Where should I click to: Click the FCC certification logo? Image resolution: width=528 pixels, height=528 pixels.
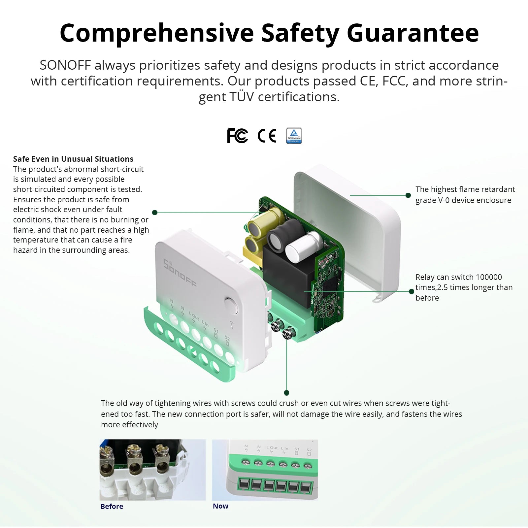coord(237,136)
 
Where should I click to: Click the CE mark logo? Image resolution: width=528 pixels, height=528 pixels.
coord(267,136)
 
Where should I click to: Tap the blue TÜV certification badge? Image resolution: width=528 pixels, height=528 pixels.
coord(294,136)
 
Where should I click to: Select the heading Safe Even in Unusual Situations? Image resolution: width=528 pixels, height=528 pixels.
coord(73,159)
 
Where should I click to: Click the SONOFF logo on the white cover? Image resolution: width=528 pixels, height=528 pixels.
coord(180,273)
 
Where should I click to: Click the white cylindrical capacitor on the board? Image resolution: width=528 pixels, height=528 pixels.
coord(303,246)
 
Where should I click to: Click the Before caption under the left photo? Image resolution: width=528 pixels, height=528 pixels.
coord(112,506)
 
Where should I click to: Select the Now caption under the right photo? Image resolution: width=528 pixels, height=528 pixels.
coord(220,506)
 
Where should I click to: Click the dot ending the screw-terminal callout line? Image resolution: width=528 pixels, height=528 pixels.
coord(286,393)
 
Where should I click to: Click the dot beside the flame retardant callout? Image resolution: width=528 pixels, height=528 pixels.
coord(408,195)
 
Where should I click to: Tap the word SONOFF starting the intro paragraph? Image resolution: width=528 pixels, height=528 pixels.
coord(65,65)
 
